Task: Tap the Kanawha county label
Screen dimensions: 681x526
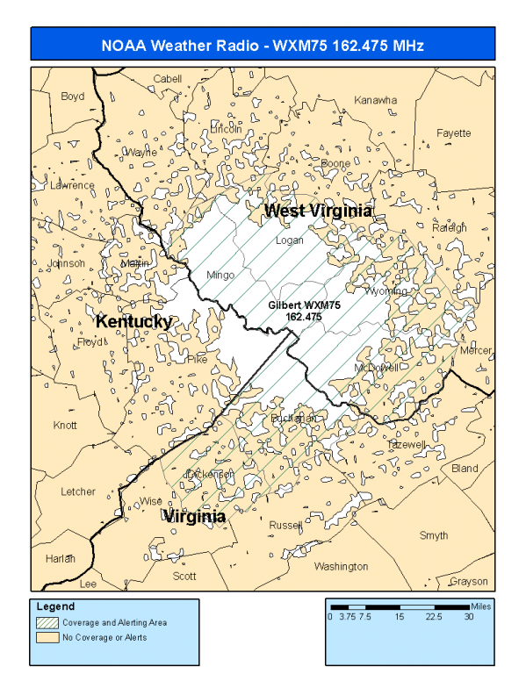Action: tap(375, 101)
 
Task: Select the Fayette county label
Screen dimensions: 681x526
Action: tap(454, 133)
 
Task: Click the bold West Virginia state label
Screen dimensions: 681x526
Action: tap(319, 211)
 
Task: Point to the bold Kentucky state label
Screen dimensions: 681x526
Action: tap(133, 322)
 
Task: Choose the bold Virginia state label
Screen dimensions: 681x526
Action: tap(194, 517)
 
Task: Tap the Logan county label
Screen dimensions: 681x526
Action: tap(289, 240)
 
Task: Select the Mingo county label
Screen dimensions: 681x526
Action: tap(220, 276)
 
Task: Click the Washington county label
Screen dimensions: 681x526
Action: tap(341, 567)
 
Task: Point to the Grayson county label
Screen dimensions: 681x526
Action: tap(467, 582)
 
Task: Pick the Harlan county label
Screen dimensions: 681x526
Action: tap(61, 558)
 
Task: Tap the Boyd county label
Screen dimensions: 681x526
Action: tap(73, 97)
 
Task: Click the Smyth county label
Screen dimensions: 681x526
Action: tap(433, 535)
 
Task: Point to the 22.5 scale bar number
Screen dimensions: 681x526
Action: tap(434, 617)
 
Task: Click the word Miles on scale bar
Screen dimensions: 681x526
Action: tap(481, 606)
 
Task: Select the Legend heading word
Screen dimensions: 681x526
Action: tap(55, 606)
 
